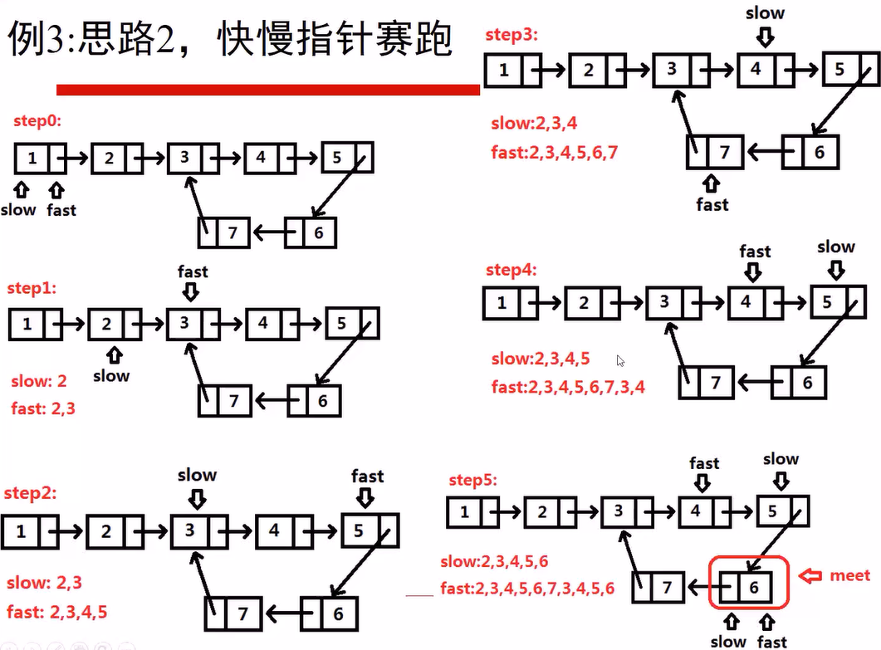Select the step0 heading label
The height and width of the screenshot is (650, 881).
tap(37, 121)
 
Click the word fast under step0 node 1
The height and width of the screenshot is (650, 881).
tap(61, 210)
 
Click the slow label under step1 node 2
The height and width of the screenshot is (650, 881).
tap(111, 375)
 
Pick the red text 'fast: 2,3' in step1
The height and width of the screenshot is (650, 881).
tap(43, 408)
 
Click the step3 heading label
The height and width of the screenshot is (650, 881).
tap(512, 35)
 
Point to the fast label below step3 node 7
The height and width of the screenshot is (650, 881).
tap(712, 204)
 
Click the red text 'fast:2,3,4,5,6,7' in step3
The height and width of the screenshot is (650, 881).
tap(554, 152)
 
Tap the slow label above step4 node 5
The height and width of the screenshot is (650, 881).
tap(835, 247)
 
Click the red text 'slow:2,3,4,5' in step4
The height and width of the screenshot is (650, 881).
tap(540, 359)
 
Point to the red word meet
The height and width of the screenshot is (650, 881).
tap(849, 575)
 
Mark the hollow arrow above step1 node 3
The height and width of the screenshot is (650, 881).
tap(192, 291)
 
